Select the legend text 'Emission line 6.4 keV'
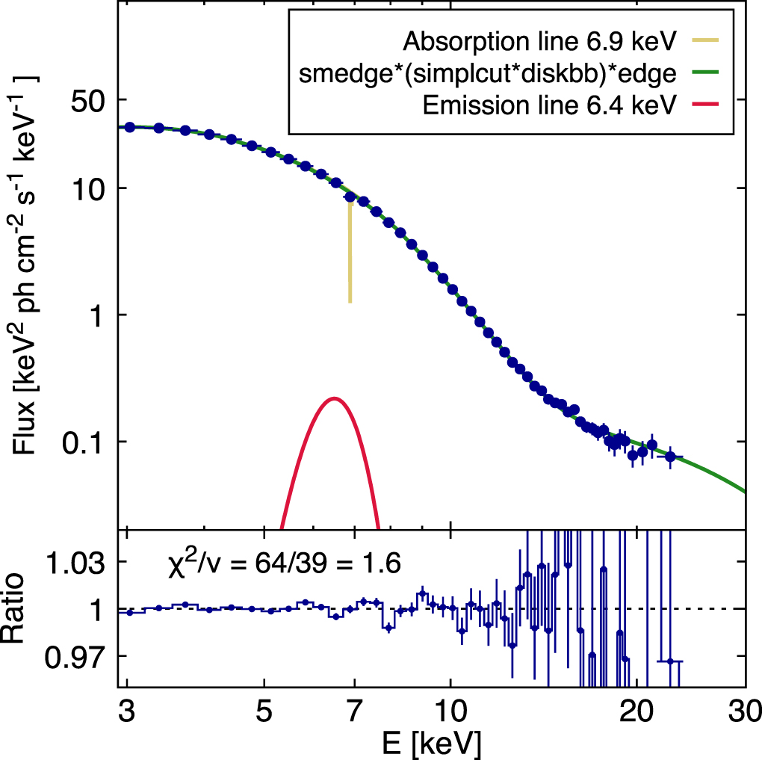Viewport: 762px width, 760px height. [x=549, y=105]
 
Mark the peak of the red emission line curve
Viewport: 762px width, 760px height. [x=335, y=398]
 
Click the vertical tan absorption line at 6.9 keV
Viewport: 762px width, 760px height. [x=350, y=254]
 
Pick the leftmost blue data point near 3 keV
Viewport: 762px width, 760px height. [x=130, y=127]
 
